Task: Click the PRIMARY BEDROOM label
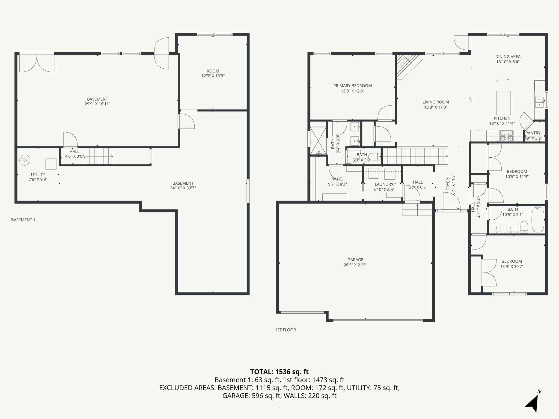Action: [x=352, y=86]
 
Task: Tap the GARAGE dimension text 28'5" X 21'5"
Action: [x=355, y=265]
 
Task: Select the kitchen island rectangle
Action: [x=503, y=103]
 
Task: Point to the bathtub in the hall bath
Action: [x=538, y=220]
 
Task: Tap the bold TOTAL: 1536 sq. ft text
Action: [x=279, y=372]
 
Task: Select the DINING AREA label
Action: [x=508, y=57]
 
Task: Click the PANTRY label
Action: [x=533, y=133]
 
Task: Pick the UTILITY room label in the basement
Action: [x=38, y=175]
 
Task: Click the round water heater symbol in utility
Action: [x=24, y=160]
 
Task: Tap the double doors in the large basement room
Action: [x=37, y=64]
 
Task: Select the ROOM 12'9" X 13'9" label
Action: [x=213, y=73]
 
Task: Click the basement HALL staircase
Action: [x=99, y=156]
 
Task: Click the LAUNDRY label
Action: [x=384, y=184]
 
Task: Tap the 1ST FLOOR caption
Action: [x=285, y=330]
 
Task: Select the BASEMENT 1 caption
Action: [x=23, y=220]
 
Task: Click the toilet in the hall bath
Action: [x=524, y=227]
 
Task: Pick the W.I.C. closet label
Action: [x=337, y=179]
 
